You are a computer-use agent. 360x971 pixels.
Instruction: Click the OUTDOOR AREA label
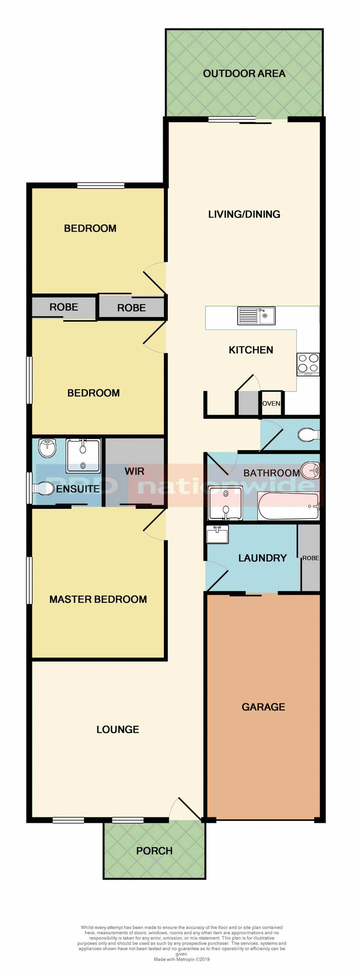(x=244, y=74)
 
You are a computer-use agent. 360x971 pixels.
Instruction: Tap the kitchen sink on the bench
(x=256, y=316)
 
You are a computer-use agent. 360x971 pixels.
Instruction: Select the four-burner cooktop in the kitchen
(x=308, y=364)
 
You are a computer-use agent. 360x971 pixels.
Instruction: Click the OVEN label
(x=271, y=404)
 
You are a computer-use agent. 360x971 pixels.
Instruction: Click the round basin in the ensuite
(x=48, y=448)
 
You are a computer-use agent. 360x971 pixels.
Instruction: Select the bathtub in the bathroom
(x=288, y=506)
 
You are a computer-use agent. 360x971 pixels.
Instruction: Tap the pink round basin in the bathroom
(x=310, y=470)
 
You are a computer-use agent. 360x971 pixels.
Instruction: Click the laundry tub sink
(x=217, y=535)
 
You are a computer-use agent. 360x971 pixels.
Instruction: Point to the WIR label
(x=134, y=471)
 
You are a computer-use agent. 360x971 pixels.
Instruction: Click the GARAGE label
(x=263, y=707)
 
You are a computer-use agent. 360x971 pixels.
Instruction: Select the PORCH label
(x=154, y=851)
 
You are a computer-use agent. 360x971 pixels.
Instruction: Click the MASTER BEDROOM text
(x=98, y=599)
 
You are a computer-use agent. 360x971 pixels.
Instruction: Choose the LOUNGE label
(x=118, y=729)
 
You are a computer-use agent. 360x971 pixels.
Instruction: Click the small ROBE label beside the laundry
(x=310, y=558)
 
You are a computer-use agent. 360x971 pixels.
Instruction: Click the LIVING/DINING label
(x=244, y=214)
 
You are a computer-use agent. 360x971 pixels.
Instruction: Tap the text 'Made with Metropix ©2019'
(x=182, y=959)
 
